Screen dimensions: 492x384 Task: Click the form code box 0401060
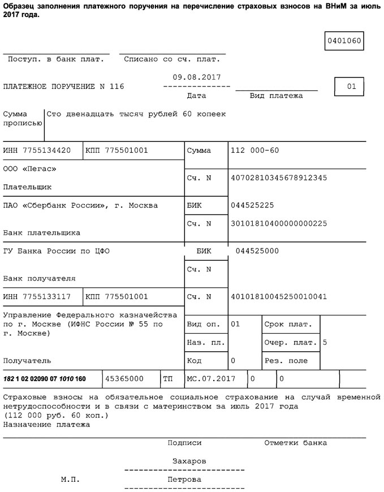343,41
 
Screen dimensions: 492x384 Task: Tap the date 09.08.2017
196,77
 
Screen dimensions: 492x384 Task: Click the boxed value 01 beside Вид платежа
351,87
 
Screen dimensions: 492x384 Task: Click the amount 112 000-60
254,150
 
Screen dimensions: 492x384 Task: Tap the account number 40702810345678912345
279,178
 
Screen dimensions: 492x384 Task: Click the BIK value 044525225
252,205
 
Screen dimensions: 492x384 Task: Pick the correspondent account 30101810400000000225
279,223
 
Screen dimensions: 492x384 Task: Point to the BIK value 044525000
257,251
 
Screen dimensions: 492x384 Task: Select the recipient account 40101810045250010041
279,296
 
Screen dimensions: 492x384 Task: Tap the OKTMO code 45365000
124,378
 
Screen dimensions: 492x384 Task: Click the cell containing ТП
167,378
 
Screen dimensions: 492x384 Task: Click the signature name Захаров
189,461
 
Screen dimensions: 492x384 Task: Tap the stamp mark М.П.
70,480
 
